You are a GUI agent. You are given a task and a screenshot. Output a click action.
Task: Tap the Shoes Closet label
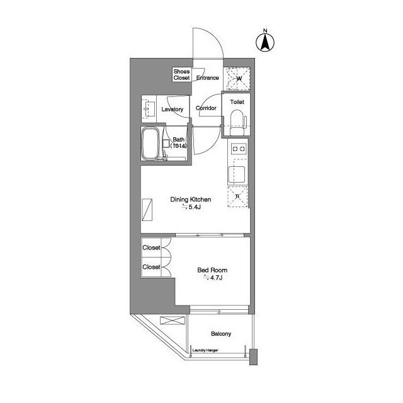[182, 75]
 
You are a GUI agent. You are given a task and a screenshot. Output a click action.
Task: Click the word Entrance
[207, 78]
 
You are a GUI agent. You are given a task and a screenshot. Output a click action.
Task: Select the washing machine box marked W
[239, 78]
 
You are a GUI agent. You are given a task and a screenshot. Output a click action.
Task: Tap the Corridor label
[207, 108]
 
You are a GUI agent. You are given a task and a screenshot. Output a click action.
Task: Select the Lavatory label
[172, 110]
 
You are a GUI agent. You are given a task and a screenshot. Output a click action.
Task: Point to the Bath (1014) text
[179, 143]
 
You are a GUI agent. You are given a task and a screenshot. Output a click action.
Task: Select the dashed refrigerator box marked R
[238, 197]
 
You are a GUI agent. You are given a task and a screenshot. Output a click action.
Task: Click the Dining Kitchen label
[191, 200]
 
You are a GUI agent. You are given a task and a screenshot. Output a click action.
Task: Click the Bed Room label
[208, 270]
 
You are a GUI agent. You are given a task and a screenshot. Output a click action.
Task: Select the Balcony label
[221, 334]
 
